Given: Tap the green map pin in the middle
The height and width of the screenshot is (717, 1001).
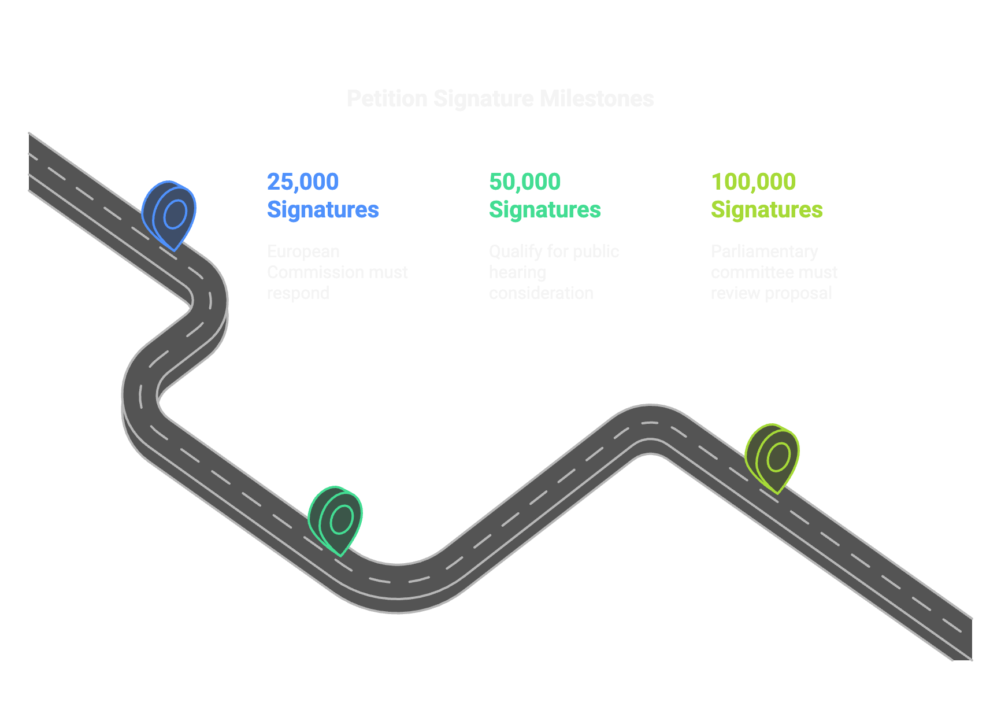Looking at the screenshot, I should [336, 520].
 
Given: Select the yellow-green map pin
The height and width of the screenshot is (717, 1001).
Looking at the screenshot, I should [773, 457].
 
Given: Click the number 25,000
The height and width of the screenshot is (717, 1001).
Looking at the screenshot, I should [302, 182].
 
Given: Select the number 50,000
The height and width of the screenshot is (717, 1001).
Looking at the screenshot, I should [524, 182].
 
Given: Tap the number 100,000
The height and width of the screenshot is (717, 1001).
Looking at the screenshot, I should [753, 182].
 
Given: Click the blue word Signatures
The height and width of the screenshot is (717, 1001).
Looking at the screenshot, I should [322, 210].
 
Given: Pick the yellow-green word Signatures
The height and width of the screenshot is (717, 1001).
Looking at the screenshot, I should [766, 210].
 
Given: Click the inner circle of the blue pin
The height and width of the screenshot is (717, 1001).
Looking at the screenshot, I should [175, 215].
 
